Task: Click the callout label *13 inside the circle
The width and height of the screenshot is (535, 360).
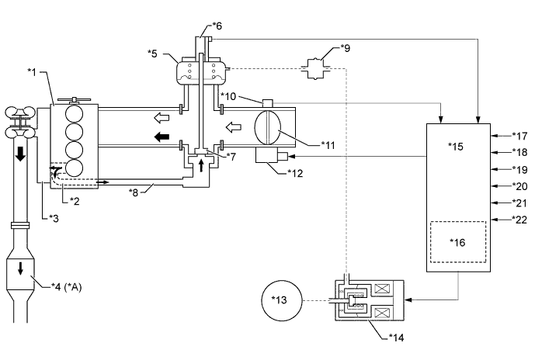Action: [x=279, y=300]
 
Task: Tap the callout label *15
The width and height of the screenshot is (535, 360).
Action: [x=456, y=147]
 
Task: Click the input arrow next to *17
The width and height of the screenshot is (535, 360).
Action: [x=501, y=136]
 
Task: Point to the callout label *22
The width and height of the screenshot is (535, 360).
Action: [x=519, y=220]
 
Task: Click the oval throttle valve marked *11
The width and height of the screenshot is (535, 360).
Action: [x=268, y=127]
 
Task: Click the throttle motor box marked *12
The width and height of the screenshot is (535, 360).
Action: [x=266, y=156]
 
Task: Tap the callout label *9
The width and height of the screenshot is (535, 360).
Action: [x=346, y=48]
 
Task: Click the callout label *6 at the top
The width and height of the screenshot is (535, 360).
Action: [x=217, y=26]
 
